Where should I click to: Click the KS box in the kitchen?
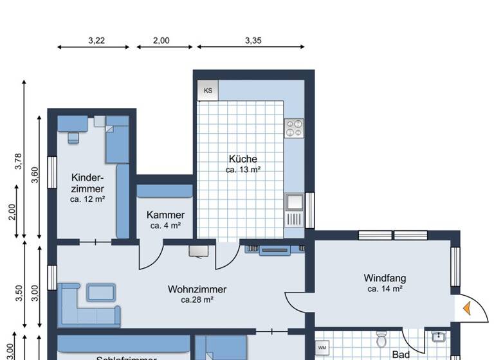[208, 91]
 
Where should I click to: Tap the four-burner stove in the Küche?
[294, 128]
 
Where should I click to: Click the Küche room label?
[242, 159]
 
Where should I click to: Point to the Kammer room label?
[165, 215]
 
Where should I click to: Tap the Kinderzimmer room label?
[87, 183]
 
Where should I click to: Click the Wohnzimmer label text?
[197, 289]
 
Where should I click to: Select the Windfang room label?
[385, 278]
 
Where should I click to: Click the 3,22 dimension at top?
[96, 40]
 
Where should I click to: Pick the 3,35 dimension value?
[253, 40]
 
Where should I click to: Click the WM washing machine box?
[322, 348]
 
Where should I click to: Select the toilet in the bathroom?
[381, 338]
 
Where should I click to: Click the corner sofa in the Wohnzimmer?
[86, 308]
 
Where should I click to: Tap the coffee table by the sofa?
[101, 292]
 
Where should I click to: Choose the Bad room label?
[401, 354]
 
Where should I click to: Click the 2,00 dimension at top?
[161, 40]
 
